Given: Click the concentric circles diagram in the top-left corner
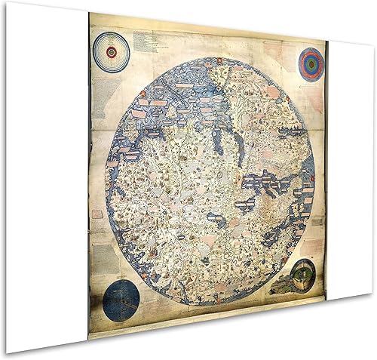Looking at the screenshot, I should tap(112, 53).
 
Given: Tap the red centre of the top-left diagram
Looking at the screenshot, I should tap(112, 53).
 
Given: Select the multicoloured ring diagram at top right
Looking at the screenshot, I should tap(311, 64).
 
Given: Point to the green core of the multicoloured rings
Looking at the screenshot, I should tap(311, 64).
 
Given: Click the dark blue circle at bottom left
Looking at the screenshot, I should tap(121, 300).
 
